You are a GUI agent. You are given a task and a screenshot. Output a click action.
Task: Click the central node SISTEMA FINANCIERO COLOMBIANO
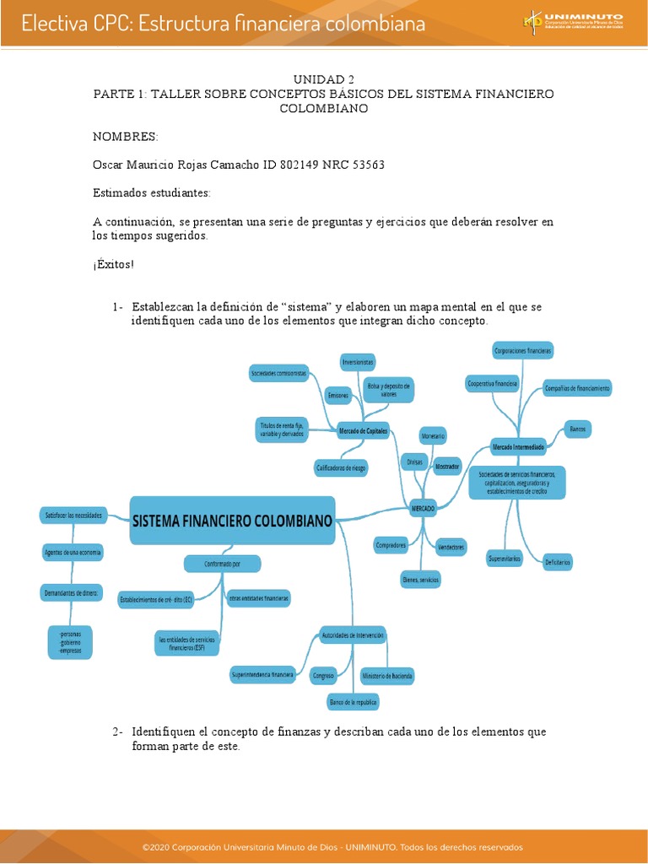click(x=233, y=520)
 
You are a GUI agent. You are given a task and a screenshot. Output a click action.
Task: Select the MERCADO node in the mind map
click(x=423, y=510)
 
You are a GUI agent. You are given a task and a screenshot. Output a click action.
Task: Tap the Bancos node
click(x=577, y=429)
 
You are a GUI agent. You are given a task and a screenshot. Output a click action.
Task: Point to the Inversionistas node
click(x=358, y=362)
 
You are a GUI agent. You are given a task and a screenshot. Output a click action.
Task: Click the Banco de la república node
click(x=354, y=701)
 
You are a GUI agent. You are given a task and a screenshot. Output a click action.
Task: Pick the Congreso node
click(x=323, y=676)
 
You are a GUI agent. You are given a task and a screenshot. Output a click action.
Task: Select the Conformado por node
click(x=223, y=563)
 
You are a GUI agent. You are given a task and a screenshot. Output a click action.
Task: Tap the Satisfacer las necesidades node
click(x=73, y=514)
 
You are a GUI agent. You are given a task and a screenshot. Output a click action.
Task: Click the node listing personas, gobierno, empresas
click(x=71, y=643)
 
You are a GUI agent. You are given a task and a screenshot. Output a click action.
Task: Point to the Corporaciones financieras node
click(x=523, y=349)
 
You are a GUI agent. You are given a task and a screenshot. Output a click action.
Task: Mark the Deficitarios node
click(x=558, y=561)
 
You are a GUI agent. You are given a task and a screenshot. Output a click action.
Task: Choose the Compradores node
click(x=391, y=545)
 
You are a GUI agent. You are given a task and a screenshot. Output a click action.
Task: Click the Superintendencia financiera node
click(x=262, y=675)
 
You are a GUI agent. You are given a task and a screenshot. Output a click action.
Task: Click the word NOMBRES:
click(x=125, y=136)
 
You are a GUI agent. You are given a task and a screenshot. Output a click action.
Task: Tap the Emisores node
click(x=338, y=394)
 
